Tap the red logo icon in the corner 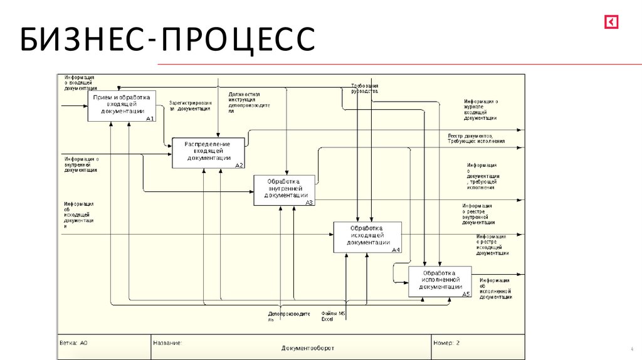tap(611, 23)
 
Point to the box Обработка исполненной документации tap(439, 281)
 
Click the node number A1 tap(149, 119)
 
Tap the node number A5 tap(466, 294)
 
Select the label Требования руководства tap(364, 88)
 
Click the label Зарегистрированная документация tap(190, 105)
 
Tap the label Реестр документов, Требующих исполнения tap(476, 139)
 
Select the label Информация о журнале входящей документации tap(481, 109)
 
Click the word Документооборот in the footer tap(308, 348)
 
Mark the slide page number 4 tap(631, 349)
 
